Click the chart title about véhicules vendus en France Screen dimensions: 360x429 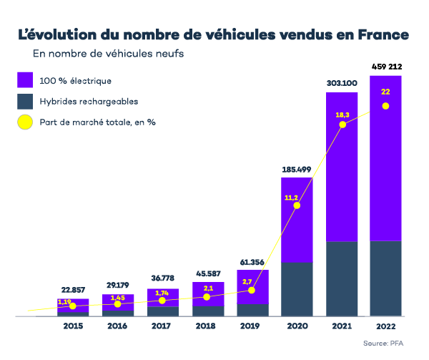pyautogui.click(x=213, y=35)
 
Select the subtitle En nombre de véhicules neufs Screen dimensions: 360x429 pyautogui.click(x=108, y=54)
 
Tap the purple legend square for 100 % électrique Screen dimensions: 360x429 pyautogui.click(x=26, y=80)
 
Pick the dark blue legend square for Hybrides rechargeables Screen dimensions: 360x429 pyautogui.click(x=26, y=101)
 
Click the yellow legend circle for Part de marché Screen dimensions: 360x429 pyautogui.click(x=26, y=122)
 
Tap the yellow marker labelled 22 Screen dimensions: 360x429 pyautogui.click(x=385, y=106)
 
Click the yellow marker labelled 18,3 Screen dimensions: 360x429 pyautogui.click(x=342, y=125)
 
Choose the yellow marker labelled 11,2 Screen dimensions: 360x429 pyautogui.click(x=297, y=205)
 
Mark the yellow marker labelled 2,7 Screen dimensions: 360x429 pyautogui.click(x=252, y=290)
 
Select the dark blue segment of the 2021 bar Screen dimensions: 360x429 pyautogui.click(x=342, y=279)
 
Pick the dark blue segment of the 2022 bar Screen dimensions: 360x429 pyautogui.click(x=385, y=279)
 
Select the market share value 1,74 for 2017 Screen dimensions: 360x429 pyautogui.click(x=162, y=293)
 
